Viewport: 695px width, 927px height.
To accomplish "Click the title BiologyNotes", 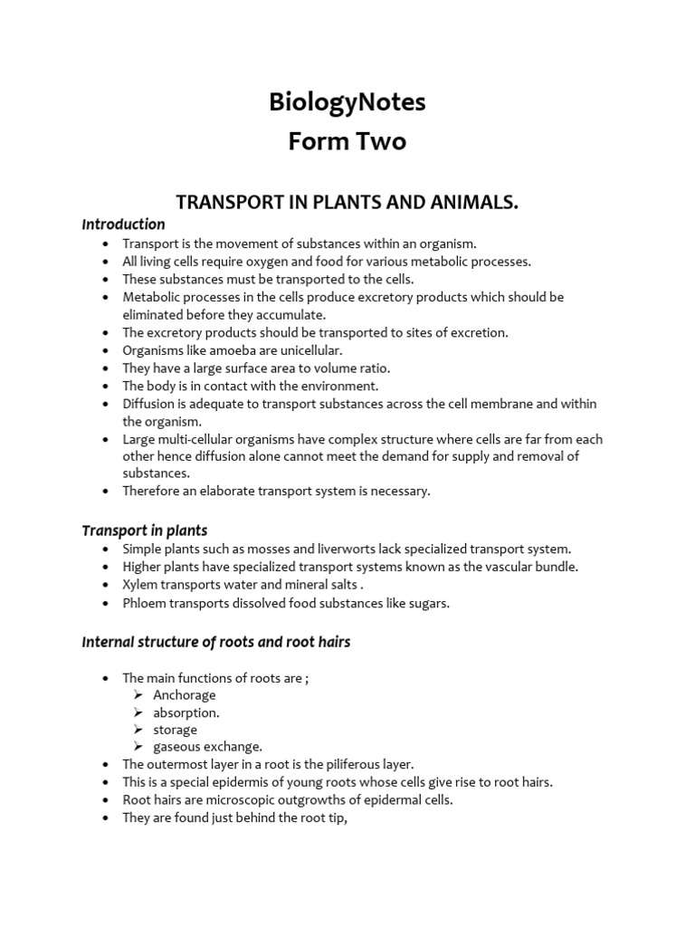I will click(x=347, y=103).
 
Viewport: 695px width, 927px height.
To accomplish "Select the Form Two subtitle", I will click(x=347, y=142).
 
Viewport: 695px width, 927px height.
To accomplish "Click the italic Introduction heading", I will click(x=123, y=224).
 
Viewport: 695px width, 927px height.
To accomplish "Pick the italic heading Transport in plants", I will click(x=145, y=530).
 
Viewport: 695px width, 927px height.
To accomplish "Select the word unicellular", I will click(x=309, y=350).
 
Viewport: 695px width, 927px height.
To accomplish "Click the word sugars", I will click(x=428, y=603).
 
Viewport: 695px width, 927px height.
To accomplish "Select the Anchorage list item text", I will click(x=185, y=695).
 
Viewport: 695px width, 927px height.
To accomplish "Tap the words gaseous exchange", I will click(x=207, y=747).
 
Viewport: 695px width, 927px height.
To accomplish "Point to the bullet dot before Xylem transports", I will click(x=106, y=585).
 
